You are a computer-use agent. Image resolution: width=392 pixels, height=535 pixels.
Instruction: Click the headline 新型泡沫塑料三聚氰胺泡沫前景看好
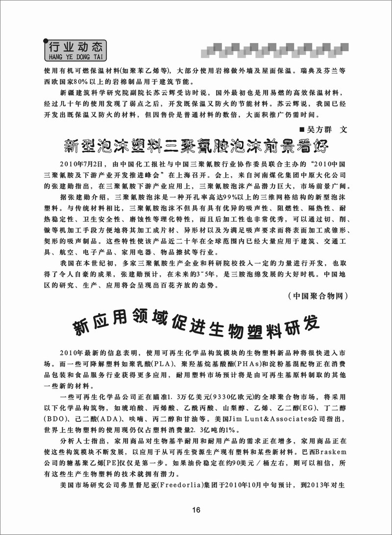(196, 146)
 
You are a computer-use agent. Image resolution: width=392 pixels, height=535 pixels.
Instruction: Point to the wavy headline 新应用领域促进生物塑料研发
(196, 328)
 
